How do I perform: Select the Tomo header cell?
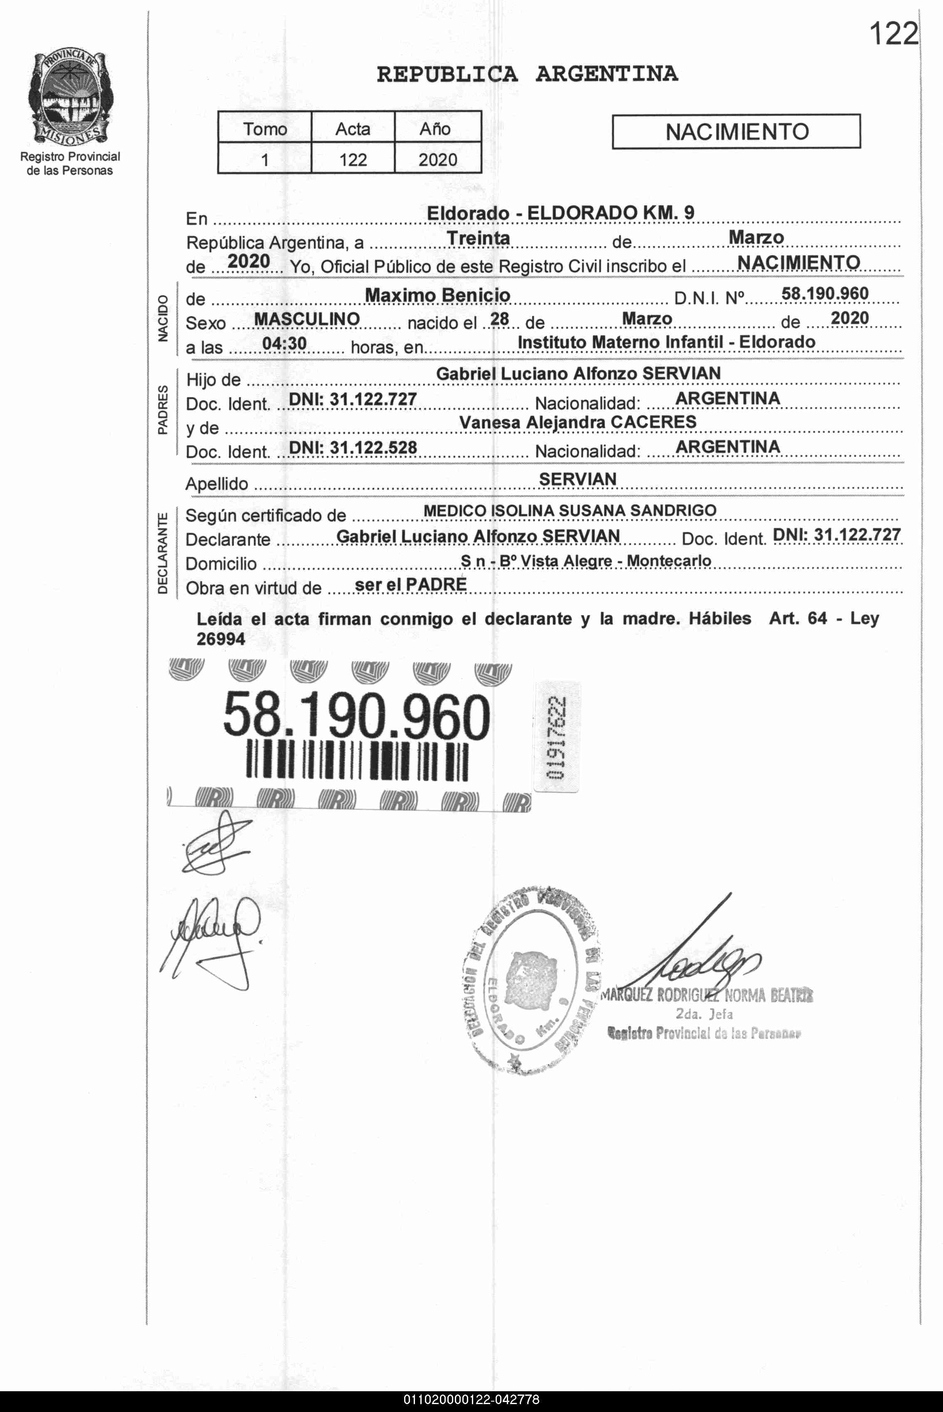(264, 129)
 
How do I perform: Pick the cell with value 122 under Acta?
(353, 159)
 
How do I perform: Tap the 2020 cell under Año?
(437, 159)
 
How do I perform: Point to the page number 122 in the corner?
(894, 34)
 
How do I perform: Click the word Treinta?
(478, 239)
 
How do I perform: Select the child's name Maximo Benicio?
(437, 295)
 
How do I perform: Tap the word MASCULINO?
(307, 319)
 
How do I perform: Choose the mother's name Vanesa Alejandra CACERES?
(578, 422)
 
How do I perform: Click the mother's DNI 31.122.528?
(353, 447)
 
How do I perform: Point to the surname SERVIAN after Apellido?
(578, 479)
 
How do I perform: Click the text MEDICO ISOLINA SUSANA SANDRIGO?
(570, 510)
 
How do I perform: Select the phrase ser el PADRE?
(411, 584)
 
